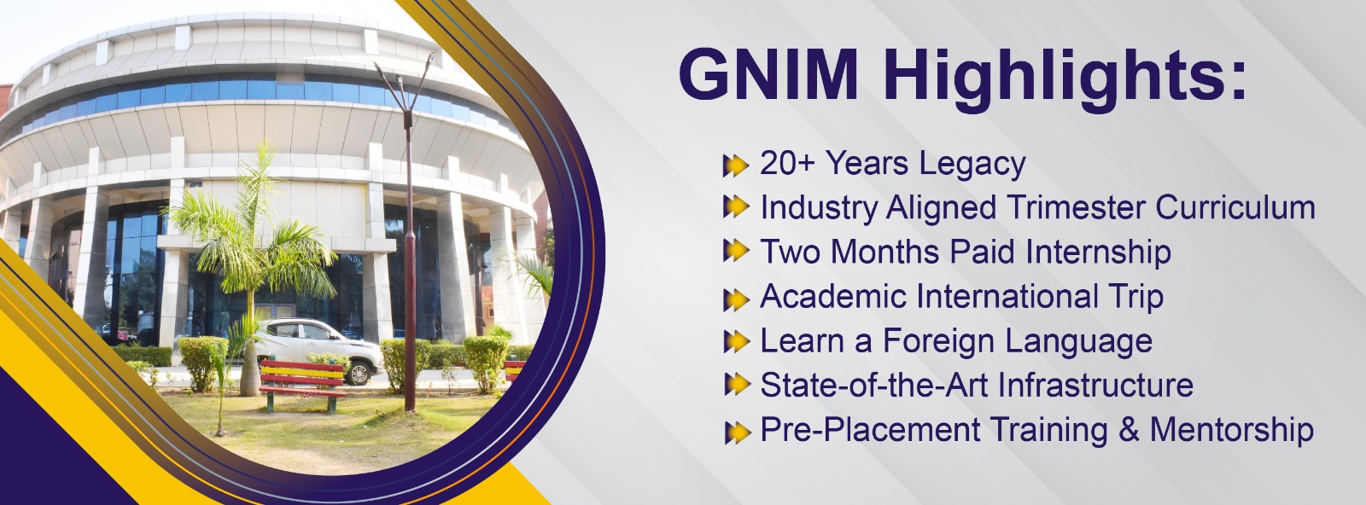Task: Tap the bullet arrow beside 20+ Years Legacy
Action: tap(736, 165)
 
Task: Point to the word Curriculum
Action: tap(1235, 208)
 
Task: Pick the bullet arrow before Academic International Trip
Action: tap(736, 299)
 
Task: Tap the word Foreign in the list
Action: tap(939, 341)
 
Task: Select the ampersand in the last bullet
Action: tap(1129, 429)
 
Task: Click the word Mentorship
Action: tap(1232, 431)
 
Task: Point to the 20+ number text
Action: tap(787, 163)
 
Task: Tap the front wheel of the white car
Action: tap(359, 372)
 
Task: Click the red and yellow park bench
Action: tap(303, 382)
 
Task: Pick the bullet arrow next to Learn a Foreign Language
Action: tap(736, 342)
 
